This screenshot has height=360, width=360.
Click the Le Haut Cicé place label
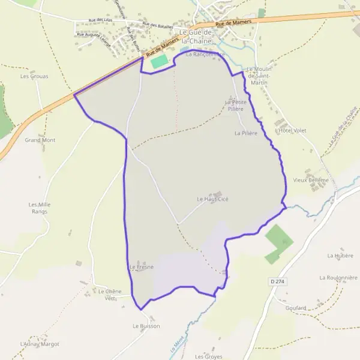pos(212,199)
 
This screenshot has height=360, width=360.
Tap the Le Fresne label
pos(142,267)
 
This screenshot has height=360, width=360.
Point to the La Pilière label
pos(246,133)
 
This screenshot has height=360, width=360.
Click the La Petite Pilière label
pos(236,105)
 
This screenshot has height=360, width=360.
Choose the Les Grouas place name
pos(34,76)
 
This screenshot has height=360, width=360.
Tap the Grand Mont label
pos(40,140)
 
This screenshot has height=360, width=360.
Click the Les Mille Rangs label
pos(40,208)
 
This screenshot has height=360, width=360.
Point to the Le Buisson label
pos(146,326)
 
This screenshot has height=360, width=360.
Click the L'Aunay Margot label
pos(40,344)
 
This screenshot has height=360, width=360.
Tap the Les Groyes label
pos(208,356)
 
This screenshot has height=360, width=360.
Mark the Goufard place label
pos(296,308)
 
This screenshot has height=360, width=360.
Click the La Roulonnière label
pos(338,278)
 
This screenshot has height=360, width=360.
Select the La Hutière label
pos(340,255)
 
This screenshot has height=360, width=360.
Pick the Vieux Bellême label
pos(311,180)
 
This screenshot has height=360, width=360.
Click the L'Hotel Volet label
pos(290,130)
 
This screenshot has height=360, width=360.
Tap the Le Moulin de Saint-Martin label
pos(261,76)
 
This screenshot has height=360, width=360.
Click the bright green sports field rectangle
pos(159,61)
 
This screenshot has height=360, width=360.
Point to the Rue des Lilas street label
pos(100,20)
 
